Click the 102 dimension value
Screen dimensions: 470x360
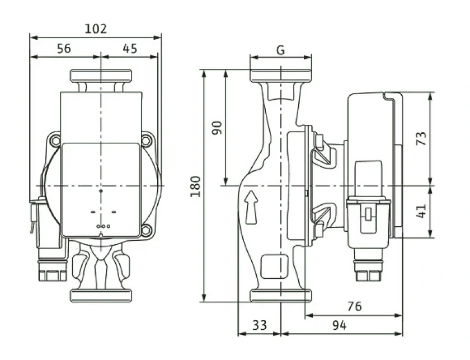tap(96, 29)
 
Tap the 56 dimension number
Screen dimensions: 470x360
tap(64, 48)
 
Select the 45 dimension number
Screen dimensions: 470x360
tap(130, 48)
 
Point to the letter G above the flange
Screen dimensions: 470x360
tap(280, 50)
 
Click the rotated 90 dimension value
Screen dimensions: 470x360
tap(217, 128)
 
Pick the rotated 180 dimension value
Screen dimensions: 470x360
tap(195, 186)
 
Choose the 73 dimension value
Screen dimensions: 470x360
tap(421, 138)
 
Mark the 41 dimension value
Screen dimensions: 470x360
tap(421, 211)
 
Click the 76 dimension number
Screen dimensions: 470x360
tap(355, 306)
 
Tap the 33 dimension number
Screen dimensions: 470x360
tap(259, 325)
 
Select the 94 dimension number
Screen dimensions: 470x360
tap(339, 325)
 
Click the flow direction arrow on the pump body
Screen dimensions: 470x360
tap(251, 208)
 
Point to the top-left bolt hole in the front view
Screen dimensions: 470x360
tap(55, 140)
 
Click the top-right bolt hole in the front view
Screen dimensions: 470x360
tap(146, 140)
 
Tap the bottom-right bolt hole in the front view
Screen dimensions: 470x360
tap(146, 231)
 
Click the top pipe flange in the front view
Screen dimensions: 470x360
tap(101, 75)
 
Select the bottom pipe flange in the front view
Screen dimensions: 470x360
tap(101, 296)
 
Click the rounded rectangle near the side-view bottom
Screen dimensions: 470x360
tap(275, 267)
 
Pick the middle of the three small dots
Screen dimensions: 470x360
tap(103, 226)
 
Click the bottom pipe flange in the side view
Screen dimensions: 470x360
tap(281, 295)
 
